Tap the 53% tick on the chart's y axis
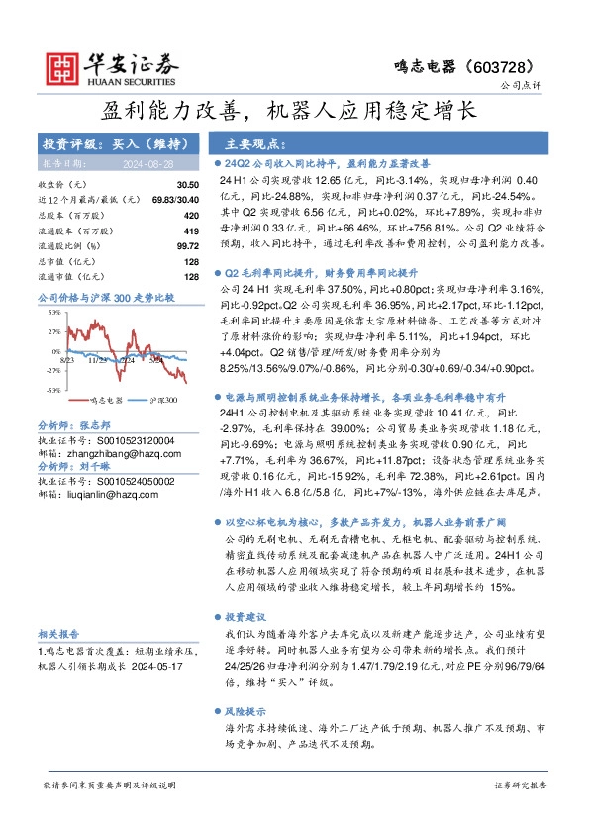(x=50, y=311)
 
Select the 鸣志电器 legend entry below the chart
(x=107, y=401)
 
